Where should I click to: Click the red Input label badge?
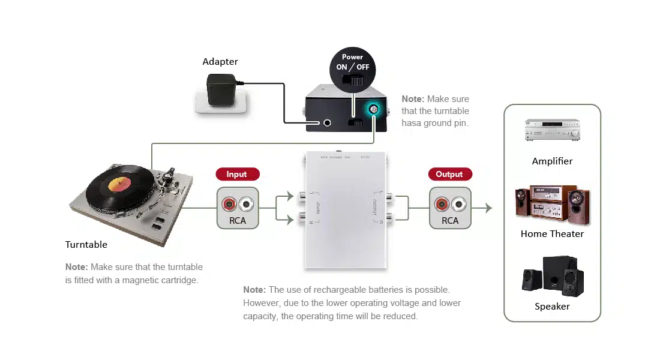point(237,175)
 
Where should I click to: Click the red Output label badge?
point(449,175)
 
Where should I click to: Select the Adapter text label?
point(220,62)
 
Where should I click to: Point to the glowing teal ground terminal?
point(373,110)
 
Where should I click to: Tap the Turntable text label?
point(86,245)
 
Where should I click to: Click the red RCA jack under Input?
point(229,204)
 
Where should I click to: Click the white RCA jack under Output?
point(459,204)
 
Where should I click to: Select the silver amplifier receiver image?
point(552,130)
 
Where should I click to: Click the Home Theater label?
point(552,234)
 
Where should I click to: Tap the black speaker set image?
point(552,277)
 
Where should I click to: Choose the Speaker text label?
point(552,307)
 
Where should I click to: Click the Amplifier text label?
point(552,161)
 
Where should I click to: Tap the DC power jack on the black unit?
point(328,123)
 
